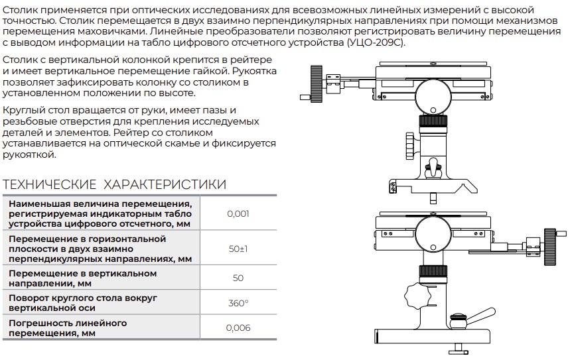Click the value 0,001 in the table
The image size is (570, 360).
[x=238, y=214]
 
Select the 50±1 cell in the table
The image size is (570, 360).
[x=238, y=249]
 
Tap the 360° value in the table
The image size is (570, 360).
[x=238, y=303]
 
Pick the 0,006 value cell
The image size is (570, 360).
[x=238, y=328]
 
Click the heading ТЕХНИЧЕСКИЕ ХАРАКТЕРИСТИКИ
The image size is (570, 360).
[x=115, y=184]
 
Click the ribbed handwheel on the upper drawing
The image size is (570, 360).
[x=308, y=82]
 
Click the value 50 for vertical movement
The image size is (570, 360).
[x=238, y=278]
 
